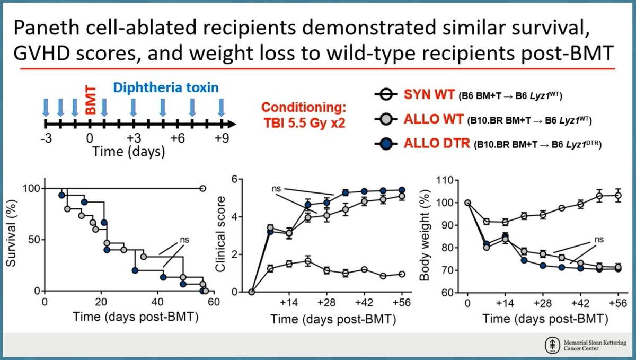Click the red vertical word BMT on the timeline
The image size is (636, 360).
(x=91, y=100)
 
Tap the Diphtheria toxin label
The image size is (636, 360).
(x=166, y=87)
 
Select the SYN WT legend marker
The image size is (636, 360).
(x=386, y=94)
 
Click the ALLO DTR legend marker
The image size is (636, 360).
(x=386, y=144)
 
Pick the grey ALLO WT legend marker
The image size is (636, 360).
(x=386, y=119)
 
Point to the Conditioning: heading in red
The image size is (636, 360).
(x=304, y=108)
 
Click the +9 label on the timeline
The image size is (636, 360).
(x=222, y=138)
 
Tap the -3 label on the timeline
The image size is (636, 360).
(x=46, y=138)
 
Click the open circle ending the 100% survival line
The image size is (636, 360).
(x=202, y=188)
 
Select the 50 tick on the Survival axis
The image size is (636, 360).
(x=33, y=240)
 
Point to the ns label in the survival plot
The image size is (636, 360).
(x=184, y=240)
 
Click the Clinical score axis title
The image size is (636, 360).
(x=220, y=234)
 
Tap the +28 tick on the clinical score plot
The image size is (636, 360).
(x=326, y=303)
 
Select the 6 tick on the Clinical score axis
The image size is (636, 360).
(x=234, y=179)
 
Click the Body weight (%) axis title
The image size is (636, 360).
(x=425, y=235)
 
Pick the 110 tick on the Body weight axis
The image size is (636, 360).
(x=445, y=180)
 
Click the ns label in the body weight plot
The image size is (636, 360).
(x=599, y=240)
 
